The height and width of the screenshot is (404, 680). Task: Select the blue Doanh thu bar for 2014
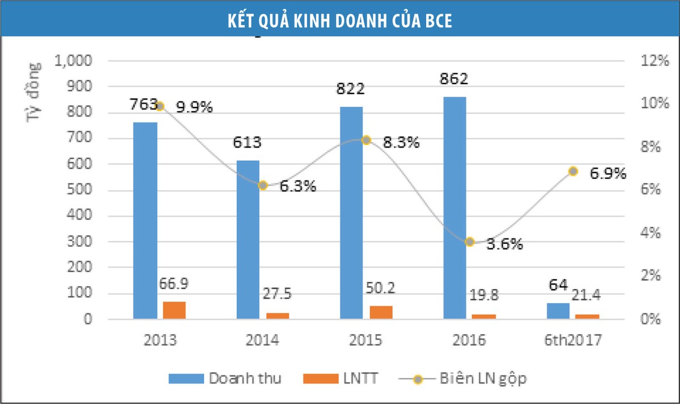248,240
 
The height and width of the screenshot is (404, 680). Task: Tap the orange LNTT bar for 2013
174,311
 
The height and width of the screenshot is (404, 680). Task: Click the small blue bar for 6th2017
558,311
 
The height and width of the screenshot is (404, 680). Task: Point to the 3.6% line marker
469,242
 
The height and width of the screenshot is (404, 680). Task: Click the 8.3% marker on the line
366,140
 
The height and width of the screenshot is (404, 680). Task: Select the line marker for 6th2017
573,171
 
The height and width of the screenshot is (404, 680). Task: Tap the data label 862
454,79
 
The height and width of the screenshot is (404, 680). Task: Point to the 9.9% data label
194,108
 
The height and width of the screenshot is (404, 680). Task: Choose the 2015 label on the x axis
366,341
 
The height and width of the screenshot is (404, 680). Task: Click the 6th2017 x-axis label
573,341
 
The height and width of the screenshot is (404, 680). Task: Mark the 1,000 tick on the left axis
75,61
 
